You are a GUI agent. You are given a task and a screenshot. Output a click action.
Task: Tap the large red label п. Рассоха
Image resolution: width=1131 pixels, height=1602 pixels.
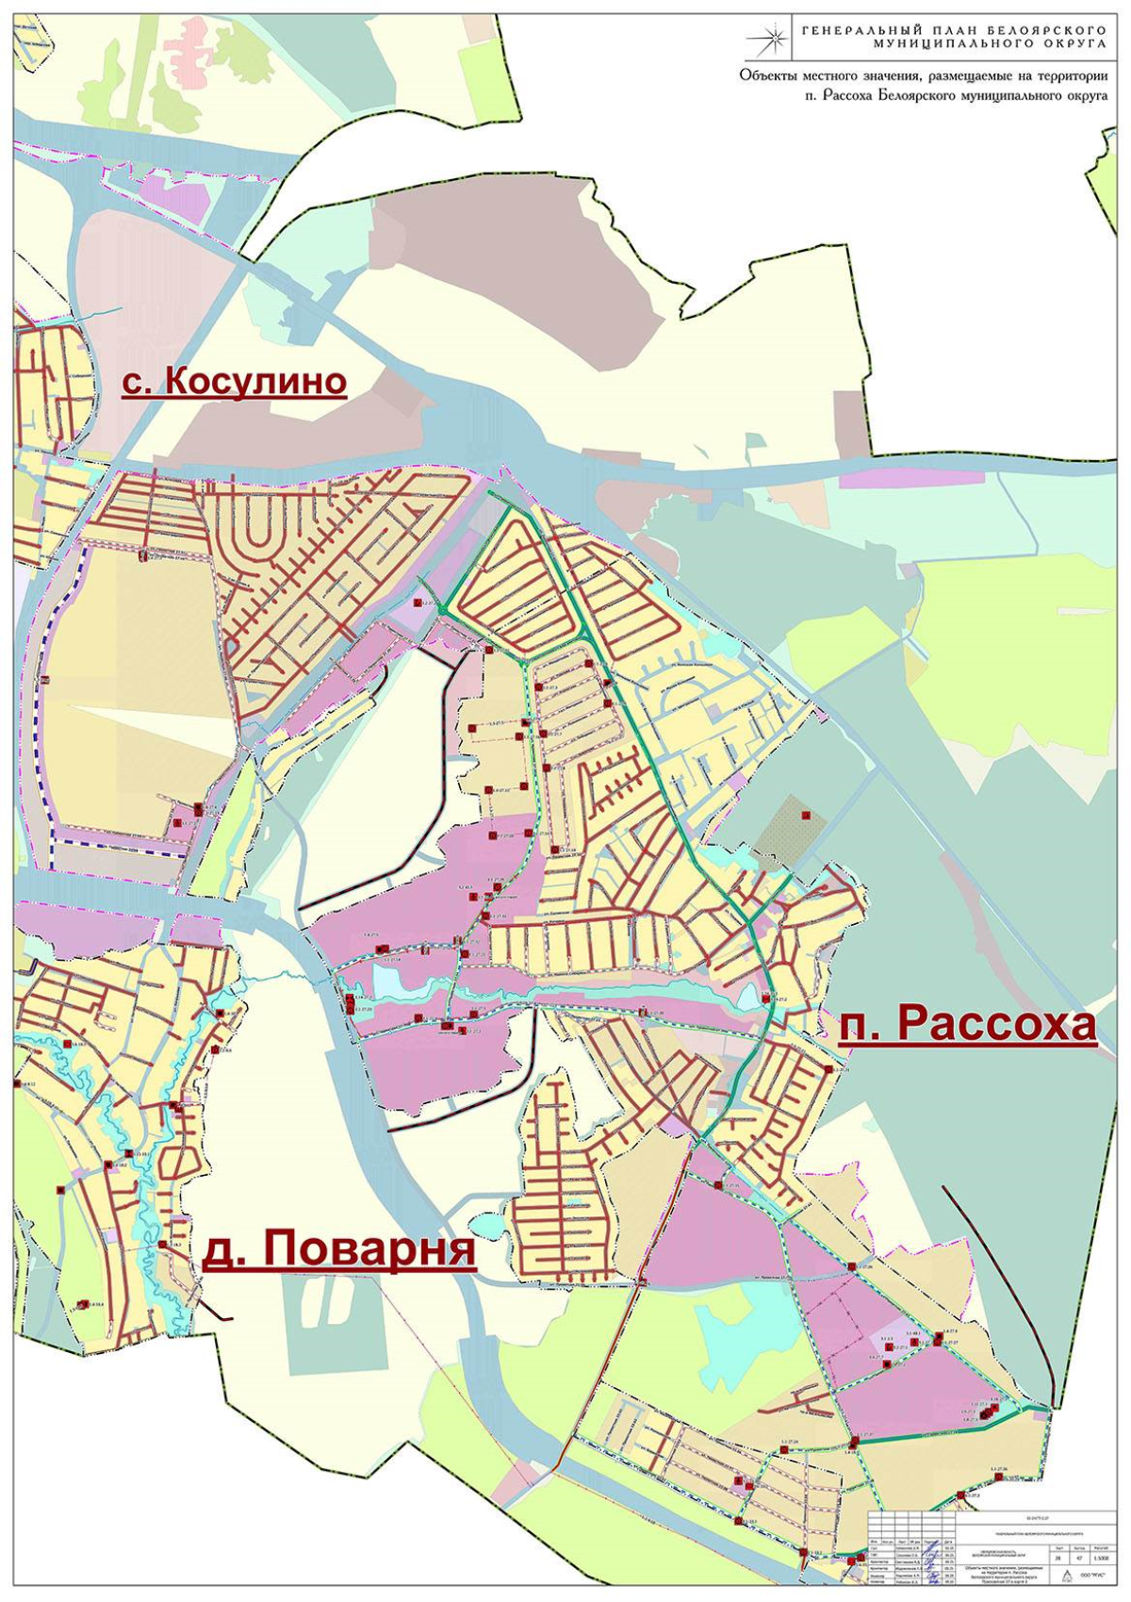pyautogui.click(x=967, y=1025)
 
